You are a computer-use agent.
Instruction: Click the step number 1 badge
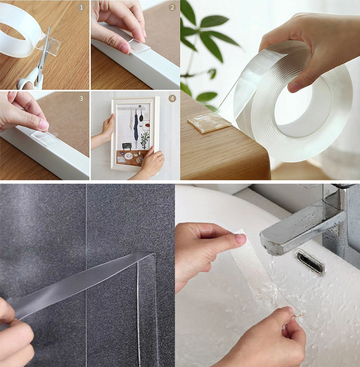(81, 8)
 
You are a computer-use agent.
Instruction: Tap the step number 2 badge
(172, 8)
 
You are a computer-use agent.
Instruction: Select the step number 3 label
(81, 98)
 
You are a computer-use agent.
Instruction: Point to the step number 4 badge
(172, 98)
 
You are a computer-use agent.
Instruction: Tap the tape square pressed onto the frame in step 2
(140, 46)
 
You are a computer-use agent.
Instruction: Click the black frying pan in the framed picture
(141, 116)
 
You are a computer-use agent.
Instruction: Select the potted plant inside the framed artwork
(145, 140)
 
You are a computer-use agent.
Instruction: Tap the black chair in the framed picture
(127, 146)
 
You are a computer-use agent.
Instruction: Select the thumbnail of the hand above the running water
(241, 240)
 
